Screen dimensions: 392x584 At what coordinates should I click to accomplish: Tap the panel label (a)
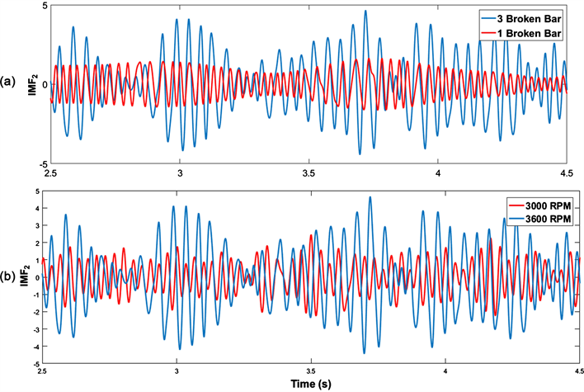[x=8, y=82]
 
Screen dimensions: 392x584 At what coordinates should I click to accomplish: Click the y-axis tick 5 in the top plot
[x=43, y=5]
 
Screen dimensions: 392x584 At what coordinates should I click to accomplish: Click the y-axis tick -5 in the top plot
[x=41, y=163]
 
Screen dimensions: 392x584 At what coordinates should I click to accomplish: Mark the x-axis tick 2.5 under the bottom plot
[x=43, y=372]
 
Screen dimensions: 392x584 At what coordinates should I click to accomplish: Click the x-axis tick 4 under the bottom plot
[x=445, y=372]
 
